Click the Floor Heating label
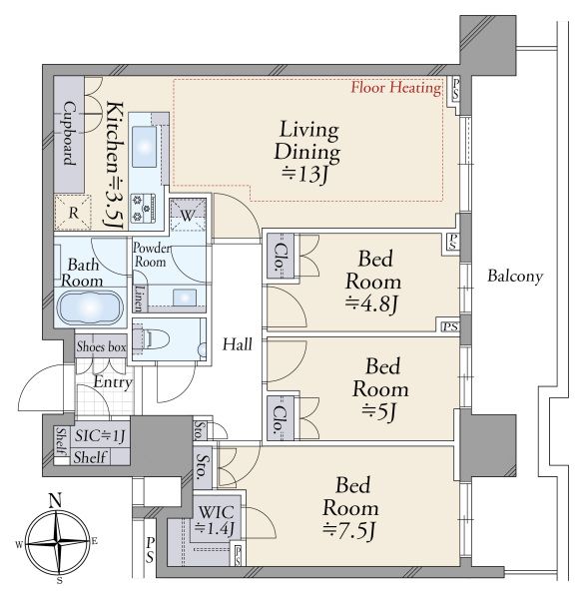point(396,88)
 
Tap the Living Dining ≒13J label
point(307,152)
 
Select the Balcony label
point(515,276)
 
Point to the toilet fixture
point(151,338)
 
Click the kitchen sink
point(144,147)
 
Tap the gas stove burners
point(143,208)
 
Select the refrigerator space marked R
point(73,213)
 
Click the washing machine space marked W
point(188,216)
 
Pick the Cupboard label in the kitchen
point(69,133)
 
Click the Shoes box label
point(101,346)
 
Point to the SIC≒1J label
point(99,435)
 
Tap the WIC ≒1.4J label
point(215,519)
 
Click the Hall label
point(238,344)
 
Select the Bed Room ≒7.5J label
point(350,508)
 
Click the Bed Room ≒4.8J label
point(373,282)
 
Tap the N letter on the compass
point(56,500)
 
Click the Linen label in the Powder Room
point(140,299)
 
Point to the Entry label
point(113,382)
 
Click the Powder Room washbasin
point(185,298)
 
